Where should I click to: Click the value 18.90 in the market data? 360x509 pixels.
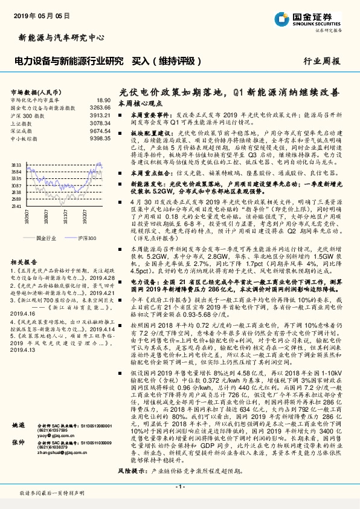tap(103, 100)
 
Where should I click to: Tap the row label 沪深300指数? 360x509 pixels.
tap(27, 115)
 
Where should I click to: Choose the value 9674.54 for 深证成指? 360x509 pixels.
tap(100, 130)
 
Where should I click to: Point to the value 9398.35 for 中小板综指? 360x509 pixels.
tap(100, 138)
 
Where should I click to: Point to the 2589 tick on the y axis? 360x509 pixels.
tap(16, 198)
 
